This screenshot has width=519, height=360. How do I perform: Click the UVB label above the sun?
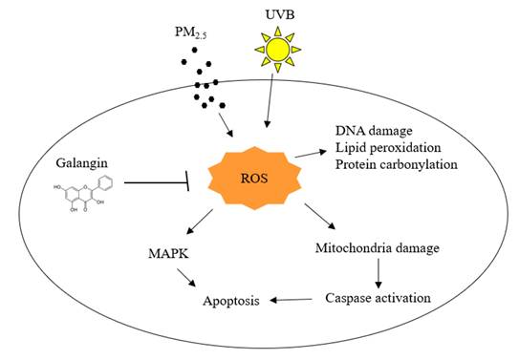pos(277,13)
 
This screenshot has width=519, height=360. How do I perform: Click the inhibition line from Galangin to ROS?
pos(153,180)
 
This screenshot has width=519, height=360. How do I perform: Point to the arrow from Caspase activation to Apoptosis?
pos(292,300)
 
